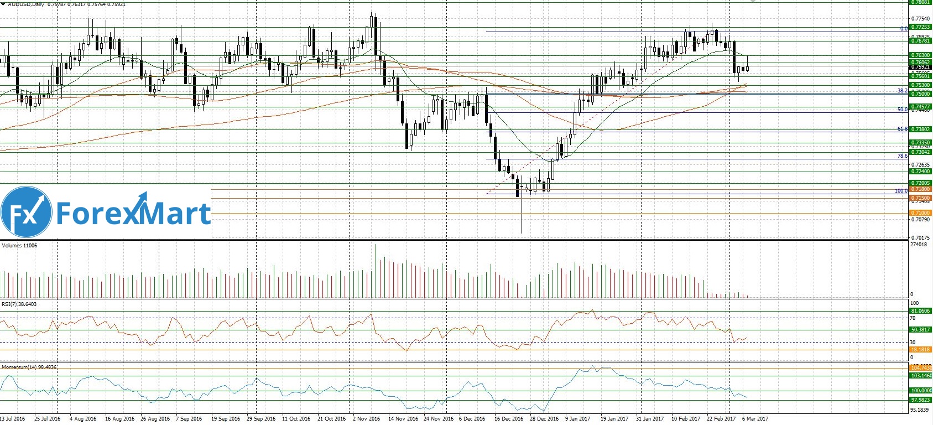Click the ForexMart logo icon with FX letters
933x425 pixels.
(x=26, y=212)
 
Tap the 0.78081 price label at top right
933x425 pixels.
(x=921, y=3)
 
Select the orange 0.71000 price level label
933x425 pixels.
(x=921, y=213)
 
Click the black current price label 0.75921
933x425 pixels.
(x=921, y=68)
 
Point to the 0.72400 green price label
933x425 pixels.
(x=921, y=172)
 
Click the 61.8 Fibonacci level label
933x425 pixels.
(x=903, y=129)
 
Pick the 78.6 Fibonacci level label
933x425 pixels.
(x=903, y=157)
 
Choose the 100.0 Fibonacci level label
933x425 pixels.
(x=901, y=191)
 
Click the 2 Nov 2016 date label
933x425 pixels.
(x=366, y=419)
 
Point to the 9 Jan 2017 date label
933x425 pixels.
(x=577, y=419)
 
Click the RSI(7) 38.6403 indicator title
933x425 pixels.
(x=19, y=304)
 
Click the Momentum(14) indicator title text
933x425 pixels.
(x=29, y=367)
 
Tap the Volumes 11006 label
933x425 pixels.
(x=19, y=246)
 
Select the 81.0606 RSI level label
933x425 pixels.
(x=921, y=311)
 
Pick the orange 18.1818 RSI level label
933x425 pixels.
(x=921, y=350)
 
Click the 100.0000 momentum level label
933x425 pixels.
(x=921, y=391)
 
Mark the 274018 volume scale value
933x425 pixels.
(x=919, y=245)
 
